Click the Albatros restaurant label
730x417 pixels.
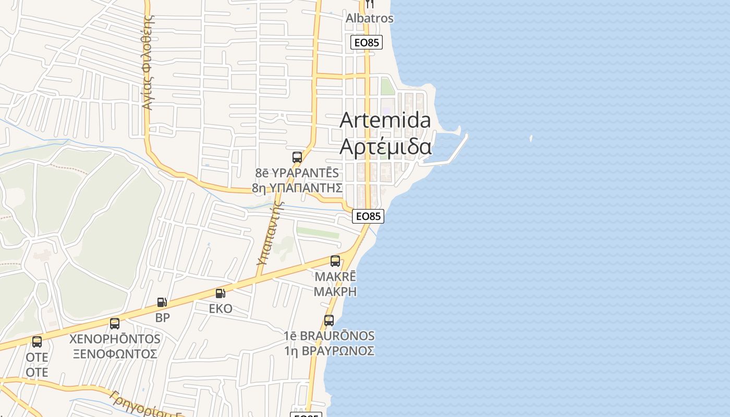point(370,18)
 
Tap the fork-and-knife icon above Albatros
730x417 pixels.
point(370,3)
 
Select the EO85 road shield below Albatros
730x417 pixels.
point(367,42)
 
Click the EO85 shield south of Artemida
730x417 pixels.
point(368,216)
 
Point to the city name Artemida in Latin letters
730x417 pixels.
point(385,120)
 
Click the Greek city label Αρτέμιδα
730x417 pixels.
point(385,147)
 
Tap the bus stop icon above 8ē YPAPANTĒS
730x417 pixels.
point(297,157)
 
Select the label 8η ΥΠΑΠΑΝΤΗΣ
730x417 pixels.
point(297,188)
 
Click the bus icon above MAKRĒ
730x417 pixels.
point(335,261)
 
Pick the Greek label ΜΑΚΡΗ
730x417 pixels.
point(335,291)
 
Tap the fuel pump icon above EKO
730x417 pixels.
point(221,293)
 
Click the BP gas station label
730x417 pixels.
point(163,317)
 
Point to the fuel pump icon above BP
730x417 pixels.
point(162,302)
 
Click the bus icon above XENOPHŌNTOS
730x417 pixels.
point(115,323)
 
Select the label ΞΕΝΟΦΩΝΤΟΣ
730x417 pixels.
point(115,354)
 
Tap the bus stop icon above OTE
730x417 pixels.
point(37,342)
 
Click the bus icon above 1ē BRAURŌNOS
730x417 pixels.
point(329,320)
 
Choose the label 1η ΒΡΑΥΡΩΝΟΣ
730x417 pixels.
point(329,351)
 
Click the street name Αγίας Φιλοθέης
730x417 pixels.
point(149,63)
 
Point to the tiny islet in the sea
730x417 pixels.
point(531,139)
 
